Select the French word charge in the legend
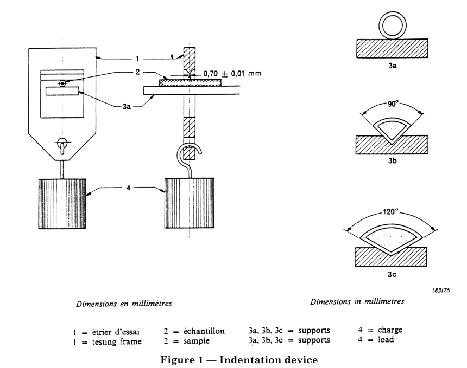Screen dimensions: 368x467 (388, 330)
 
